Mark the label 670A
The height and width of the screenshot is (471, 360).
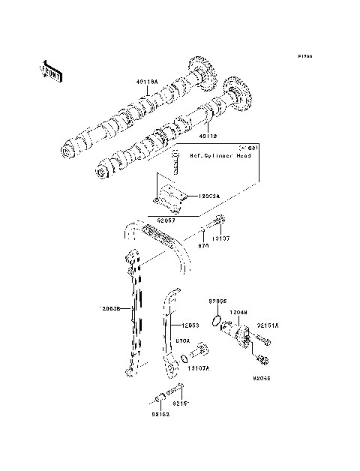click(181, 340)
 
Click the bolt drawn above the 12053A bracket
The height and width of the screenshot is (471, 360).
click(175, 163)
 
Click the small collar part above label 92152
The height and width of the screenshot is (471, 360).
click(158, 398)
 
